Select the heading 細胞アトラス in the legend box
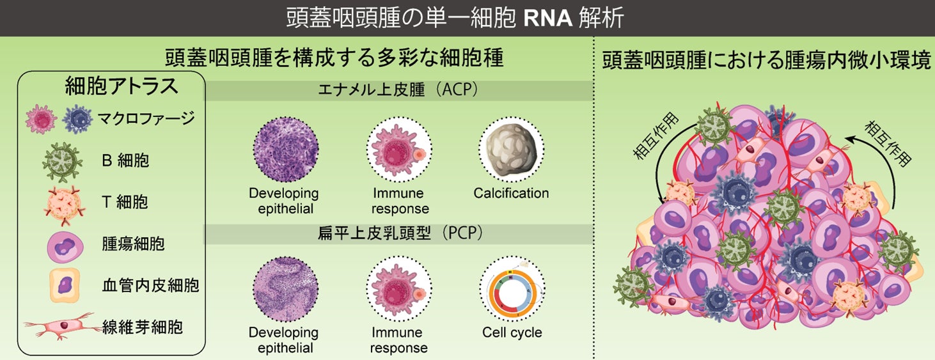[x=112, y=88]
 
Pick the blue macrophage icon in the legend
[x=78, y=120]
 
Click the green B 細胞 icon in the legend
[x=62, y=160]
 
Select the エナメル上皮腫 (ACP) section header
[x=400, y=91]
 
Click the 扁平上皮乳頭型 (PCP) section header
[x=400, y=234]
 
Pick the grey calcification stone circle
[x=511, y=150]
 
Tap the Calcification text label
[x=511, y=193]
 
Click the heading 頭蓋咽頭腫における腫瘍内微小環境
[x=766, y=62]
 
